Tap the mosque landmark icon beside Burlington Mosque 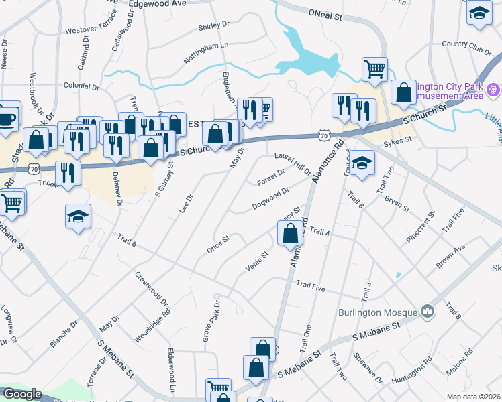point(427,312)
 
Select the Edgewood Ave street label point(156,3)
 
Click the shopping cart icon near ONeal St point(374,68)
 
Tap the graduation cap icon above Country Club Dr point(479,13)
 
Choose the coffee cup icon point(7,119)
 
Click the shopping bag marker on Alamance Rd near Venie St point(291,233)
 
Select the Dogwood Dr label point(270,198)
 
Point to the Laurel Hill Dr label point(293,162)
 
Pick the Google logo point(22,394)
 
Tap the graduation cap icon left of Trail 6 point(78,216)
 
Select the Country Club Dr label point(467,44)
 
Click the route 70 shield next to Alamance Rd point(323,136)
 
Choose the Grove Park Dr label point(211,320)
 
